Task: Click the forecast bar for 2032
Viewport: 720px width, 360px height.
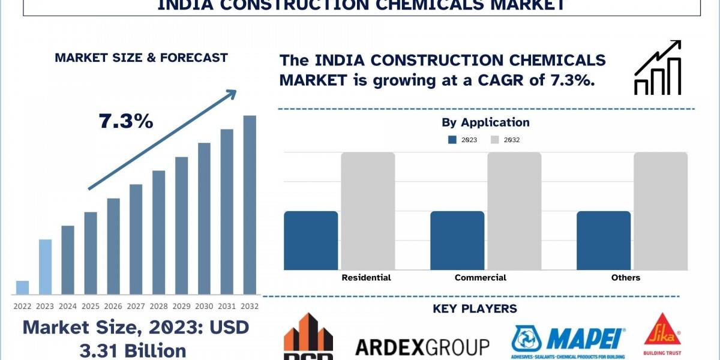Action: click(250, 205)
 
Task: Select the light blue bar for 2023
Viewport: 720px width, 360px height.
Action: click(45, 267)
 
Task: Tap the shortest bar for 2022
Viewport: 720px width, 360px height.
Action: click(22, 287)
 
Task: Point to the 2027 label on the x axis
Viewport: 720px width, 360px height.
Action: click(136, 306)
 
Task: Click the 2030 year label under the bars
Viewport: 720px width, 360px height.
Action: click(204, 306)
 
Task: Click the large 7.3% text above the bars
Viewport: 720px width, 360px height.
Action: click(126, 122)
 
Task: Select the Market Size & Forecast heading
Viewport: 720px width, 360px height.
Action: click(141, 58)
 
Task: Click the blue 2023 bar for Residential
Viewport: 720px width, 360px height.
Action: click(311, 240)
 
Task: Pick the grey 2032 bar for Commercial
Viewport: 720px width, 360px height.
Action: click(514, 211)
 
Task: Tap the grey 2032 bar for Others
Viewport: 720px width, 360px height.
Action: click(661, 211)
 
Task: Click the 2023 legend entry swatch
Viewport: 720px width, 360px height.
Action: click(452, 140)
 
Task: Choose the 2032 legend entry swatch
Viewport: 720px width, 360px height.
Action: click(495, 140)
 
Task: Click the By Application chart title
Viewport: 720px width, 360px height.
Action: click(485, 122)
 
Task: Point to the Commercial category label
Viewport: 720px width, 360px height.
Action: click(480, 278)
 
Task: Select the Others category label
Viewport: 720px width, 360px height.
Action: click(626, 278)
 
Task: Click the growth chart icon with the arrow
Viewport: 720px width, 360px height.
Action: click(658, 68)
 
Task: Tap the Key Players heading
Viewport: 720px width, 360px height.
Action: click(475, 309)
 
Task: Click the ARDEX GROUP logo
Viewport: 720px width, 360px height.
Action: click(422, 347)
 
